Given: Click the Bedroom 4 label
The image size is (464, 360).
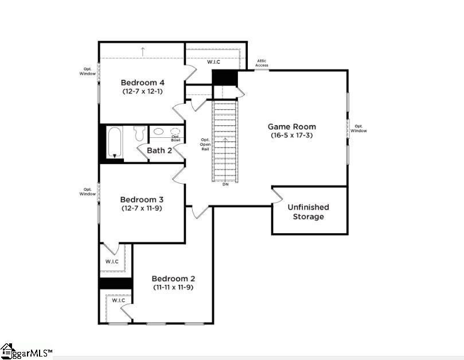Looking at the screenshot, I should tap(142, 82).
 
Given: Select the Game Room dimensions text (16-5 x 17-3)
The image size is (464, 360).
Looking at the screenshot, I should tap(292, 136).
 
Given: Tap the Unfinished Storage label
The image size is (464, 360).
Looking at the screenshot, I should tap(309, 212).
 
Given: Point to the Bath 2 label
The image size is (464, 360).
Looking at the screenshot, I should tap(159, 150).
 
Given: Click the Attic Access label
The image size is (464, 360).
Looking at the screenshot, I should tap(262, 63).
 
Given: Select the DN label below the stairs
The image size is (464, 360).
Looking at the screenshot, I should tap(225, 184).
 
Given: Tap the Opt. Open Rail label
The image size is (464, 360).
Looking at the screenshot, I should tap(205, 144).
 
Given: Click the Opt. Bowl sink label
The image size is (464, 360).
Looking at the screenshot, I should tap(175, 138).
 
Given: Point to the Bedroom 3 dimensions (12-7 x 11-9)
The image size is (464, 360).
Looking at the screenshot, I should tap(142, 208).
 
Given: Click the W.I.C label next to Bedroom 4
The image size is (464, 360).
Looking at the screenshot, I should tap(215, 61).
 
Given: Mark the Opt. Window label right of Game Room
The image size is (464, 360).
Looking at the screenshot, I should tap(359, 129).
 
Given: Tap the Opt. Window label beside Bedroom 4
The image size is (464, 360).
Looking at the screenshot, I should tap(88, 71).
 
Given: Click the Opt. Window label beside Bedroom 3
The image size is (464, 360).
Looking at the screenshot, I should tap(88, 192).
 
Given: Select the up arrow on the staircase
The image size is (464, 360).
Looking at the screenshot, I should tap(225, 140).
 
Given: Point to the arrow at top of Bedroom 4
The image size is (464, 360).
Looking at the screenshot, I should tap(142, 51).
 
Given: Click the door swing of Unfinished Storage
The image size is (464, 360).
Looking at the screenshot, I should tap(277, 195).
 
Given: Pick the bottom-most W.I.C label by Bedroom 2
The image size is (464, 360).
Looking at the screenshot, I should tap(118, 300).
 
